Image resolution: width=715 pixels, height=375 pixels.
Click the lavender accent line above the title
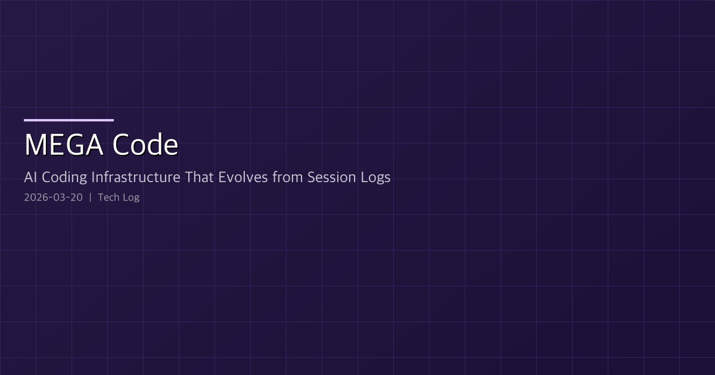69,120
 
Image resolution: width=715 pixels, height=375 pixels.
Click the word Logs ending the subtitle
376,177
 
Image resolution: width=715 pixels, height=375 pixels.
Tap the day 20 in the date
76,198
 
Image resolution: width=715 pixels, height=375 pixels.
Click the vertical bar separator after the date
91,198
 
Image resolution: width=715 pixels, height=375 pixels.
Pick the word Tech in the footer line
108,198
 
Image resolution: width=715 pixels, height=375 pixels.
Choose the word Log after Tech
131,198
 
